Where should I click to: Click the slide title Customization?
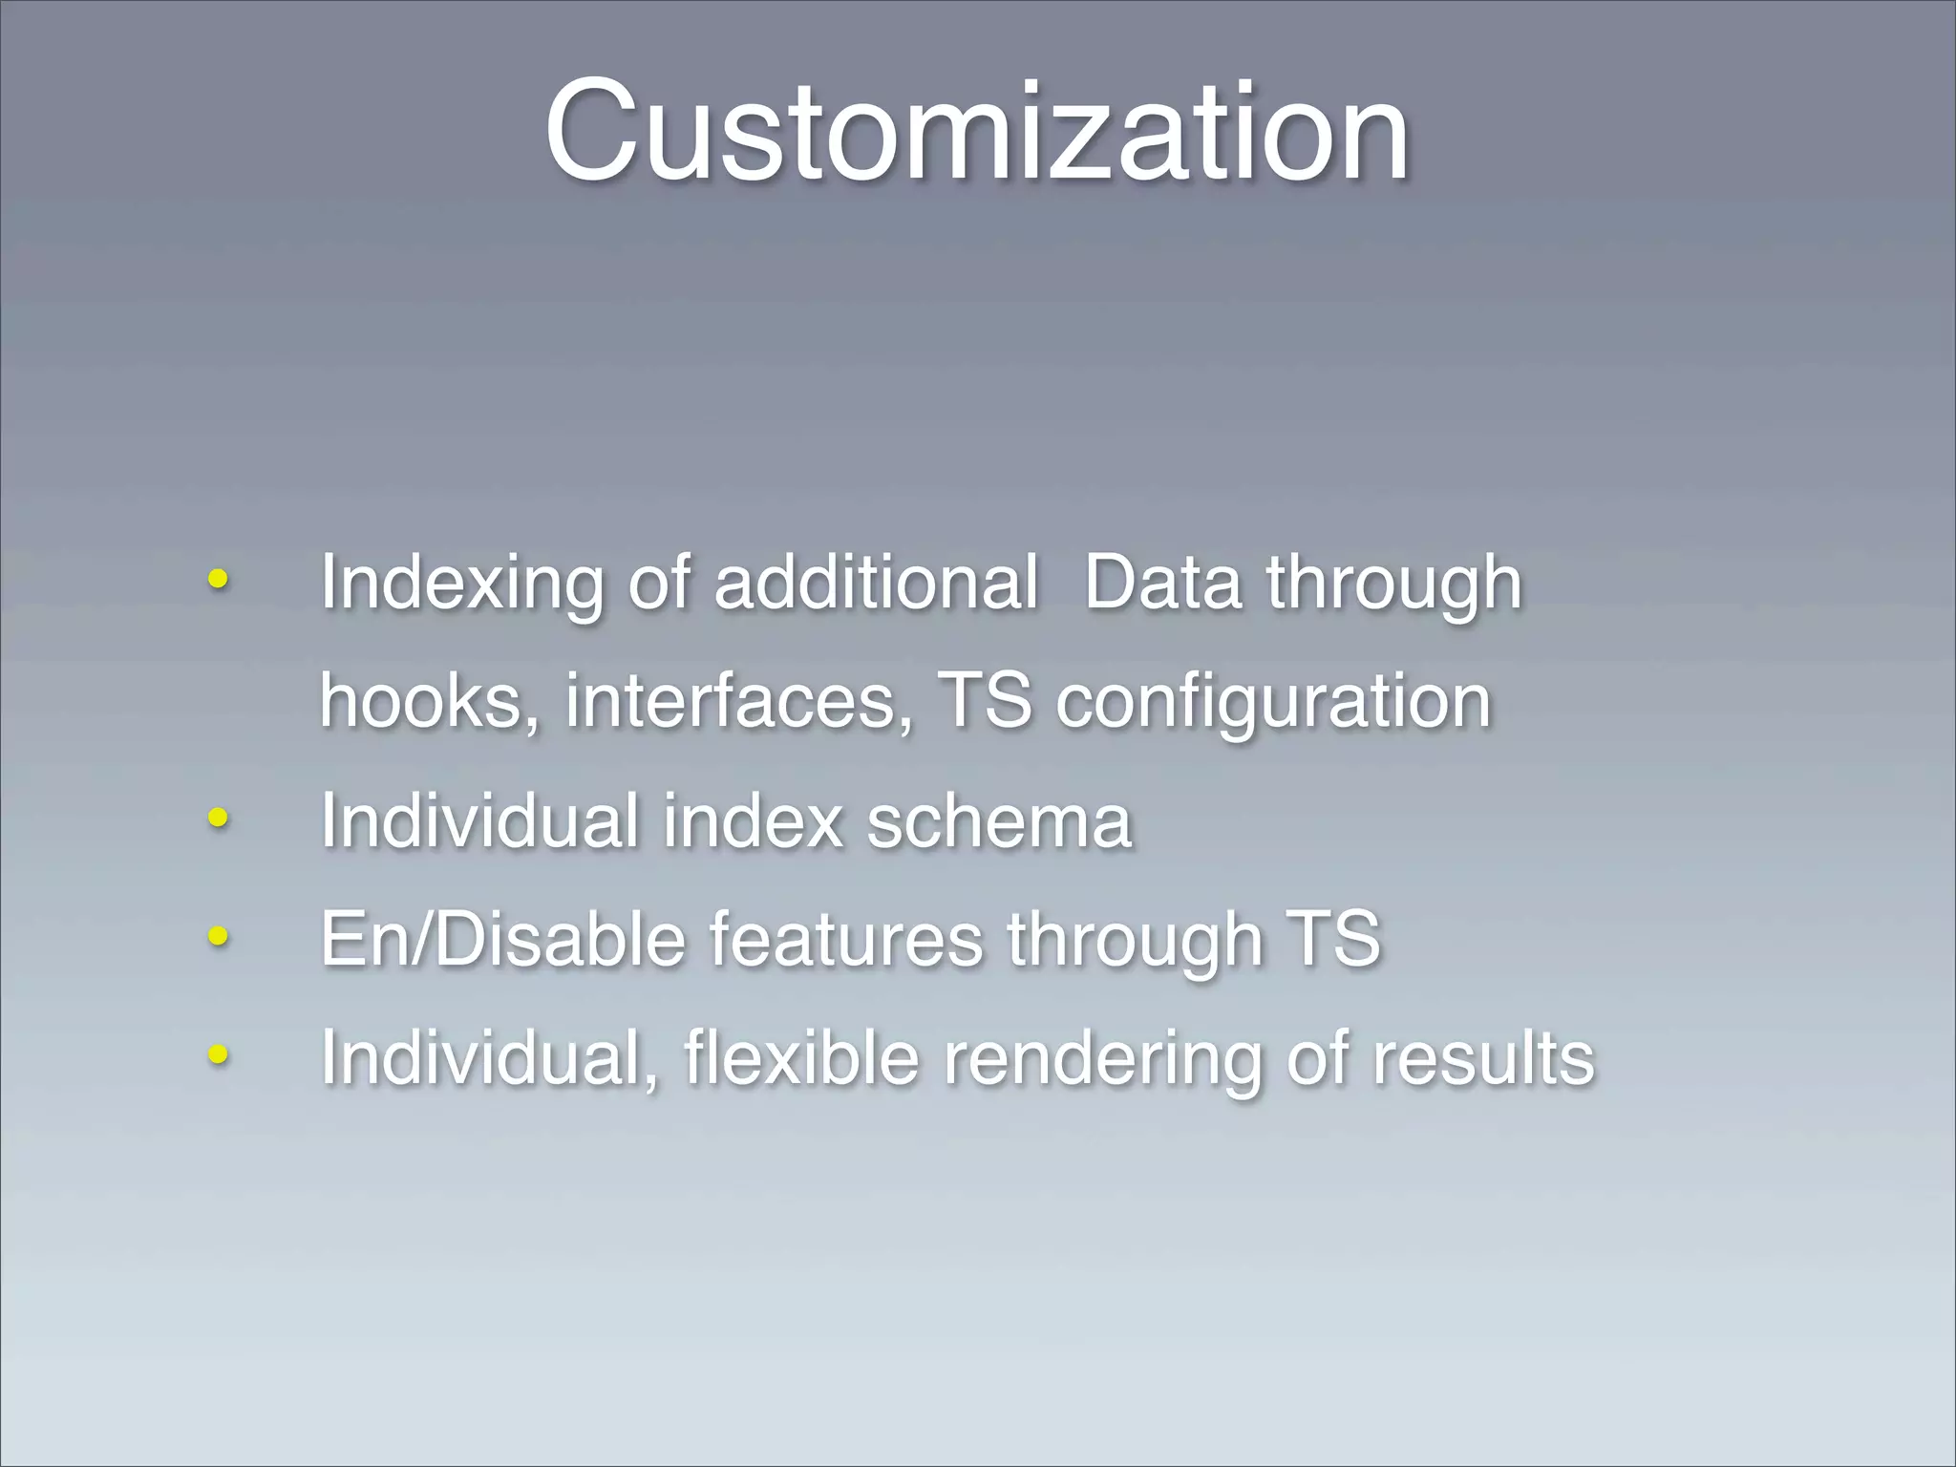(976, 131)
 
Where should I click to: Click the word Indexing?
(462, 585)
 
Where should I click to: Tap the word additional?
(875, 583)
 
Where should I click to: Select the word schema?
(999, 821)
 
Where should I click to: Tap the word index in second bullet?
(753, 821)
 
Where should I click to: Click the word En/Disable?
(502, 940)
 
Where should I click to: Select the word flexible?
(800, 1058)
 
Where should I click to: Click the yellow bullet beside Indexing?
(218, 579)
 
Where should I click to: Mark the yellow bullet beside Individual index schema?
(218, 818)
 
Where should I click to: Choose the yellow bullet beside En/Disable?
(218, 936)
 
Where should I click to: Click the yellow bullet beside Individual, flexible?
(218, 1054)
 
